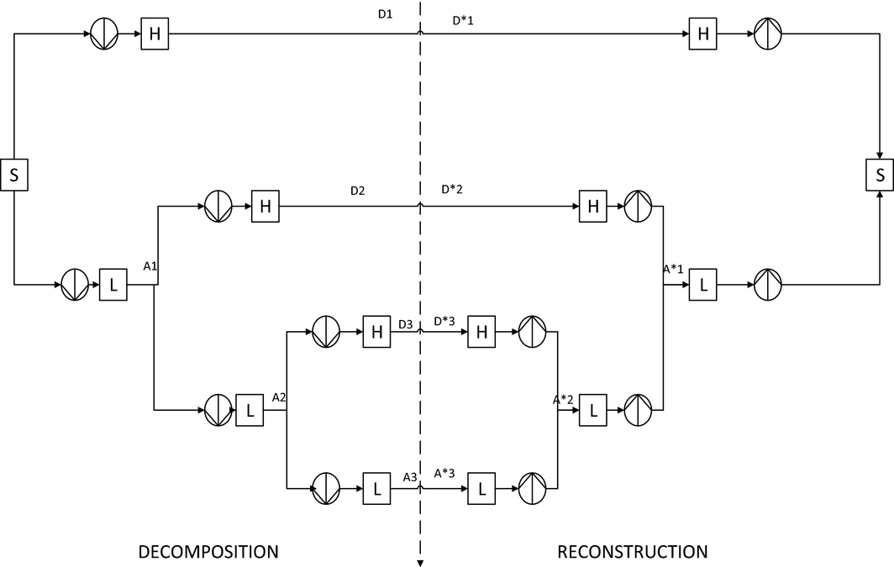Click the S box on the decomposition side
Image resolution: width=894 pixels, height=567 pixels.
(x=14, y=176)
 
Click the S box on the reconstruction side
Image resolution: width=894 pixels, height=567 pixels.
(x=880, y=176)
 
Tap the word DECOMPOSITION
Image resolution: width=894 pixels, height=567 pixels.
(x=208, y=552)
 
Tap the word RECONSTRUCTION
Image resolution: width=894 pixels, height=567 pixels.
(x=633, y=552)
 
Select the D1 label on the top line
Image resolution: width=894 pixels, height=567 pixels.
(x=385, y=15)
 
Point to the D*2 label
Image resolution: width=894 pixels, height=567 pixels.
(x=452, y=190)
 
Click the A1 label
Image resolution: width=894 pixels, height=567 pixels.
(x=150, y=266)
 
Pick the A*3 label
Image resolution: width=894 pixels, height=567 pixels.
(x=444, y=473)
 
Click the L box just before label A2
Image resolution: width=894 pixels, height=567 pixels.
(x=250, y=410)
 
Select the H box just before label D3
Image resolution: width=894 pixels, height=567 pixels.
(x=377, y=332)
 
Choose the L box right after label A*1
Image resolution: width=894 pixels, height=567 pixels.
(x=703, y=286)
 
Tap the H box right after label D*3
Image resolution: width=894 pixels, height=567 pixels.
(x=481, y=332)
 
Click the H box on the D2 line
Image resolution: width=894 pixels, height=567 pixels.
(x=266, y=208)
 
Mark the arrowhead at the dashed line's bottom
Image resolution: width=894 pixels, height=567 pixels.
(x=419, y=562)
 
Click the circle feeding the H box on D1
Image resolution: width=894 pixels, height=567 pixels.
(x=104, y=34)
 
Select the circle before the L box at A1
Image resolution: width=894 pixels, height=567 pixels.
(x=75, y=286)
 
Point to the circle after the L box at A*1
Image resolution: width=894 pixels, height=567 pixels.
(x=768, y=286)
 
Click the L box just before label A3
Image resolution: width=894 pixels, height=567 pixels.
(x=377, y=488)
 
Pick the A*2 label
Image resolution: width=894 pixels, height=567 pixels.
(x=563, y=400)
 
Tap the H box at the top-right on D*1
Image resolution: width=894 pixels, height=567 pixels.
(x=703, y=34)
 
